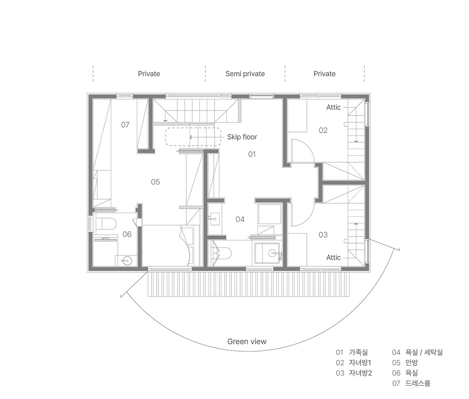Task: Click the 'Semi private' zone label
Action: (245, 74)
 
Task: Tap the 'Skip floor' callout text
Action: (242, 137)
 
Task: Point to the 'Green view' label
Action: (247, 341)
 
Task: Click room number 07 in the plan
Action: (125, 125)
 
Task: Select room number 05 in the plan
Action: (155, 182)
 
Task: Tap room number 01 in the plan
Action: (252, 154)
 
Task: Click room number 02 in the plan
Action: (323, 130)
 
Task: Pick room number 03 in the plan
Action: (323, 234)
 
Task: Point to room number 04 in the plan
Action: (240, 219)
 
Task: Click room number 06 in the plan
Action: (127, 234)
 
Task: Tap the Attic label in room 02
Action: (333, 107)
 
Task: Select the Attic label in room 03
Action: (333, 258)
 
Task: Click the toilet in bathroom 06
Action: (106, 223)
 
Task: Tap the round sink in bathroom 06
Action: (126, 261)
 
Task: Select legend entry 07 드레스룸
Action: (411, 383)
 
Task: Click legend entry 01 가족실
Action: (352, 352)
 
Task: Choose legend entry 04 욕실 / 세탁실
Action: (417, 352)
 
